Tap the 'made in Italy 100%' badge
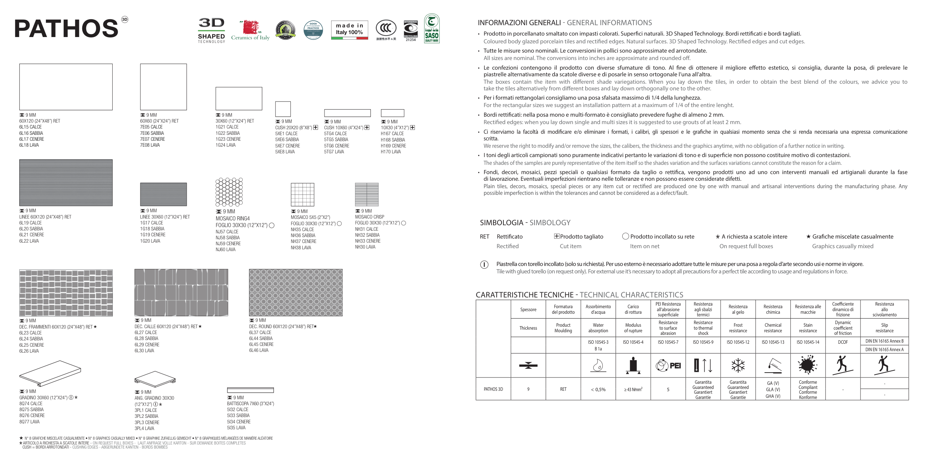[x=349, y=30]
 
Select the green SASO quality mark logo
[x=432, y=29]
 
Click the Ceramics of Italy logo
[x=250, y=30]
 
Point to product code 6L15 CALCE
[x=30, y=127]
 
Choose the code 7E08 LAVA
[x=150, y=145]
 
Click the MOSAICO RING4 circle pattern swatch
[x=229, y=192]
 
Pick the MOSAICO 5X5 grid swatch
[x=302, y=194]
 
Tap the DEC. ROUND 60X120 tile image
[x=296, y=293]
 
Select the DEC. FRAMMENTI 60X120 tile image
[x=66, y=293]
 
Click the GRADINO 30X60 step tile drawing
[x=50, y=373]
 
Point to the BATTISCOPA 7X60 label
[x=250, y=404]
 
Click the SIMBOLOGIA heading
[x=501, y=223]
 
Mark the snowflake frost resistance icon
[x=738, y=365]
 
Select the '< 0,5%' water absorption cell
[x=598, y=389]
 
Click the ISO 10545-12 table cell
[x=738, y=342]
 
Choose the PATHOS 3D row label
[x=493, y=389]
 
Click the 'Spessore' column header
[x=528, y=310]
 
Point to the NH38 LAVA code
[x=301, y=247]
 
